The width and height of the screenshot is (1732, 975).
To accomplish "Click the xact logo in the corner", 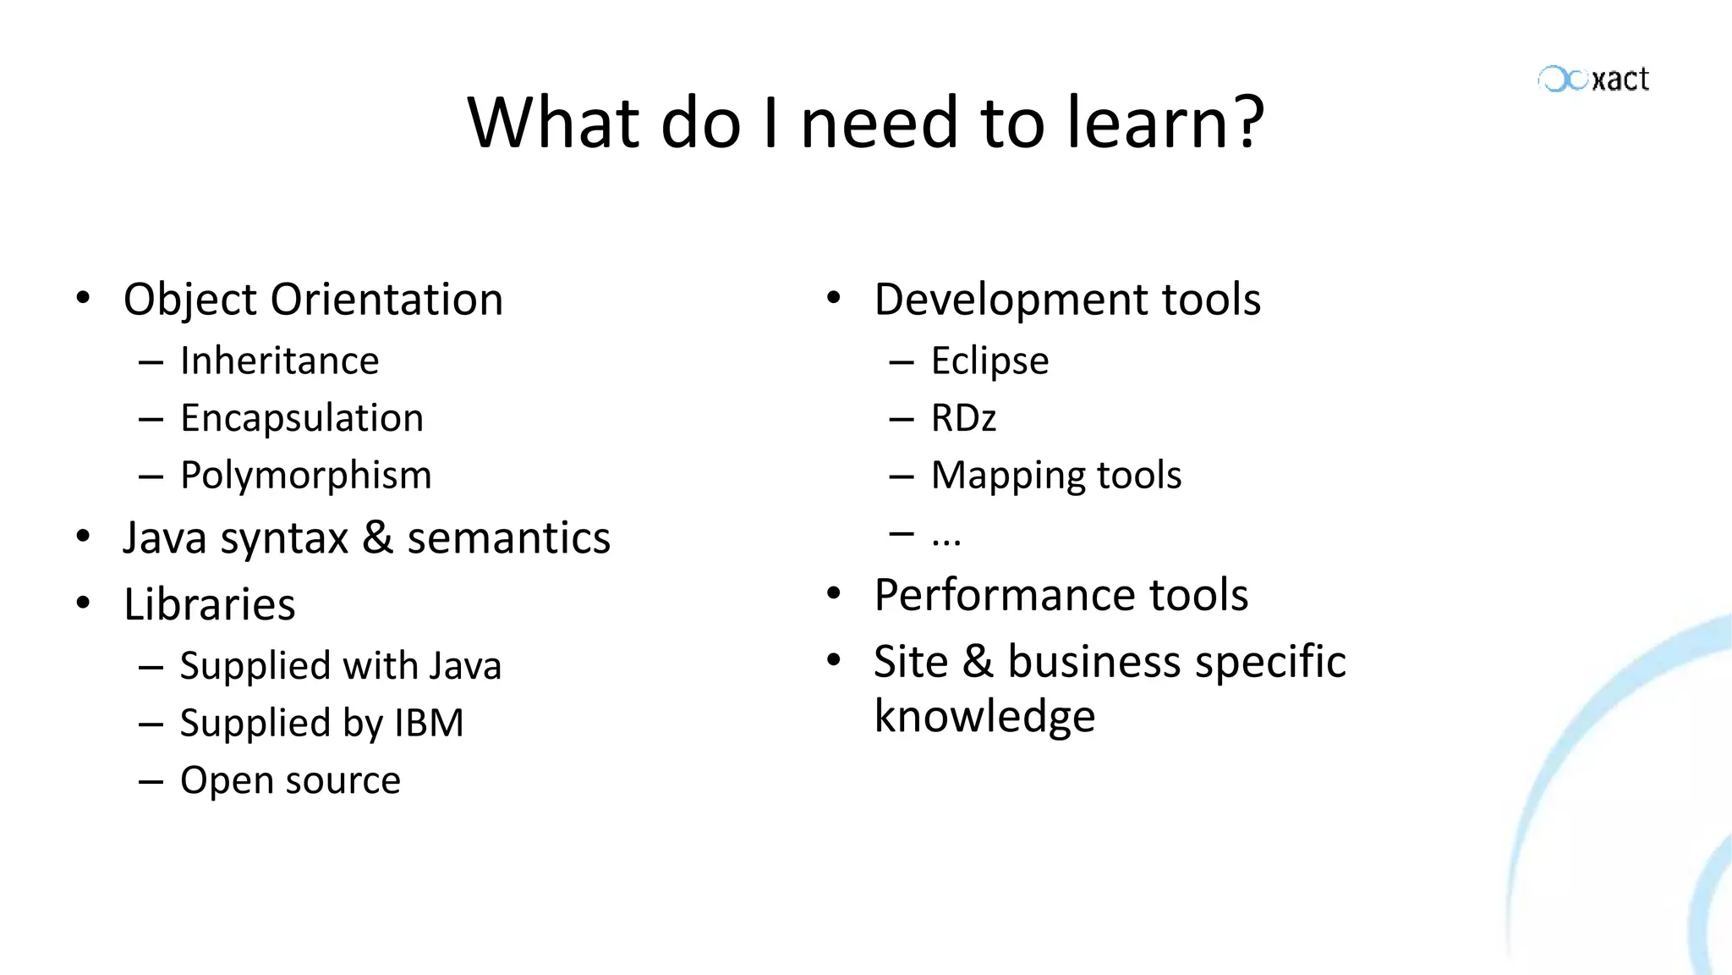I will pos(1593,80).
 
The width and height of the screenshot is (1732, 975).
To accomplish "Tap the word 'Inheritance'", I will pos(280,361).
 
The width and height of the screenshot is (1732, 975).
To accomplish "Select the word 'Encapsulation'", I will pos(302,418).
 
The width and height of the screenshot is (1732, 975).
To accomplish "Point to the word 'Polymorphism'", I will pos(306,476).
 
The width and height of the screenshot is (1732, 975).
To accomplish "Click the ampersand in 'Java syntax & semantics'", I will pos(377,538).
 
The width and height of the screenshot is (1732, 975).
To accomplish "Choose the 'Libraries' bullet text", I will pos(210,604).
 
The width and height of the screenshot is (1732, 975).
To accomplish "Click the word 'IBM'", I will pos(429,724).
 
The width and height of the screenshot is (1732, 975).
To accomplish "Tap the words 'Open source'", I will pos(290,780).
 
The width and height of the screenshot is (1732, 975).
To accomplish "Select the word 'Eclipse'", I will pos(989,361).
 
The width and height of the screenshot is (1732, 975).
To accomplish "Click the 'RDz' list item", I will pos(963,418).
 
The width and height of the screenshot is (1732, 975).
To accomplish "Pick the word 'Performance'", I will pos(1005,595).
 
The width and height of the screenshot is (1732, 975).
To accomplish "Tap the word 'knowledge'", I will pos(984,717).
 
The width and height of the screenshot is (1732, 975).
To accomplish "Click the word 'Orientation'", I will pos(386,300).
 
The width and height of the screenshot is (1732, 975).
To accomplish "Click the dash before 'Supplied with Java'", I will pos(151,668).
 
